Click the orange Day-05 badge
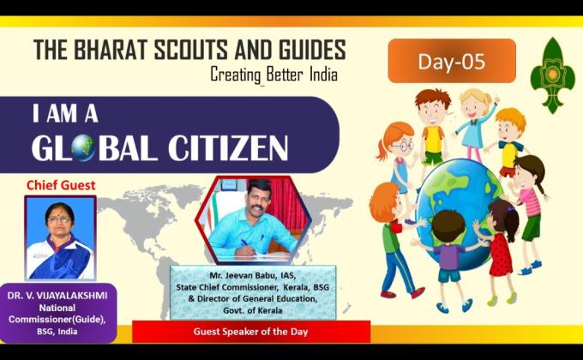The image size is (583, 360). (451, 60)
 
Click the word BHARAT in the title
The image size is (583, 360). (116, 49)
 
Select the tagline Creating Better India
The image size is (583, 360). (273, 75)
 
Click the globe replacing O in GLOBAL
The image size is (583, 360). (83, 148)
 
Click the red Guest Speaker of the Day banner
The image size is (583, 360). (251, 331)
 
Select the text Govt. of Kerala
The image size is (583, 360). (252, 309)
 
